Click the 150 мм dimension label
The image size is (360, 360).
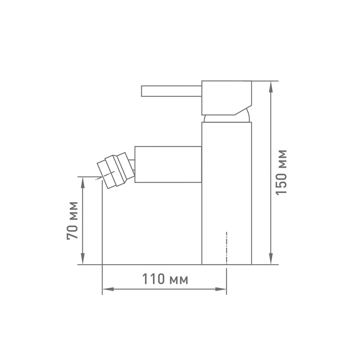click(x=281, y=173)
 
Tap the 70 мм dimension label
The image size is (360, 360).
click(x=72, y=220)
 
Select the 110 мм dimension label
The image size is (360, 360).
click(x=165, y=279)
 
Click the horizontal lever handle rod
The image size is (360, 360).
click(x=171, y=91)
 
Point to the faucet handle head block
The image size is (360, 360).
click(x=227, y=98)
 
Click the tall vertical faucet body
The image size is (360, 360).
click(x=227, y=193)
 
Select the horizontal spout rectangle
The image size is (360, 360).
click(x=168, y=164)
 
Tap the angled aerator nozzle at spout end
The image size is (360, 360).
click(x=116, y=171)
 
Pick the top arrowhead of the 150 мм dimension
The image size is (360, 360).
click(x=271, y=86)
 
